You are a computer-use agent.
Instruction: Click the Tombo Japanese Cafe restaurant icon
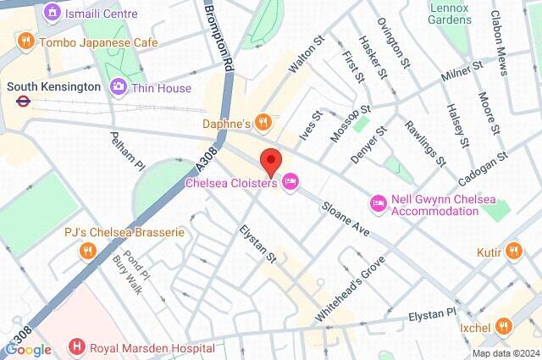(26, 42)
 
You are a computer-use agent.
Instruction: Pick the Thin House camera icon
(118, 86)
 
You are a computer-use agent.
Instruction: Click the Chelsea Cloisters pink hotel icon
(291, 181)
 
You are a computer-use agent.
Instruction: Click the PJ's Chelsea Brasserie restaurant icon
(86, 251)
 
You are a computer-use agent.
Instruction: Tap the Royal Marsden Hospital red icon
(78, 346)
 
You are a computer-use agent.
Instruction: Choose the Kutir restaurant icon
(513, 250)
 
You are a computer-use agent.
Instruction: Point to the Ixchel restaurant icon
(504, 325)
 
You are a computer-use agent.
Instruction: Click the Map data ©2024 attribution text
(505, 353)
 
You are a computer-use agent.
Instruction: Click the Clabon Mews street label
(512, 38)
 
